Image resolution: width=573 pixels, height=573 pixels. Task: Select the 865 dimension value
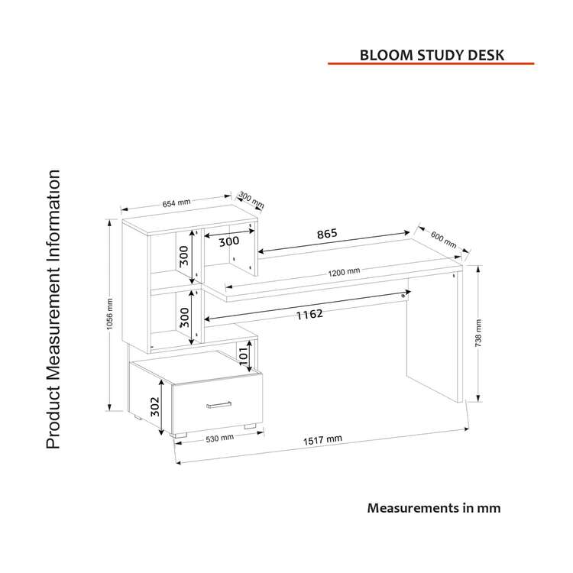coord(325,233)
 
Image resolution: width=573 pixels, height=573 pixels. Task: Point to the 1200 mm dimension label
coord(344,272)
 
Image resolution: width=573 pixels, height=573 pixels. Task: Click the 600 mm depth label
coord(442,239)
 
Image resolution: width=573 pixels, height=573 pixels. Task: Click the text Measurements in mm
coord(434,507)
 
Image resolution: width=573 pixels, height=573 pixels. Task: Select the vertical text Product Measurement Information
coord(53,309)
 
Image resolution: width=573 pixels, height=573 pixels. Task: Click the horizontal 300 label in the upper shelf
coord(229,241)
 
